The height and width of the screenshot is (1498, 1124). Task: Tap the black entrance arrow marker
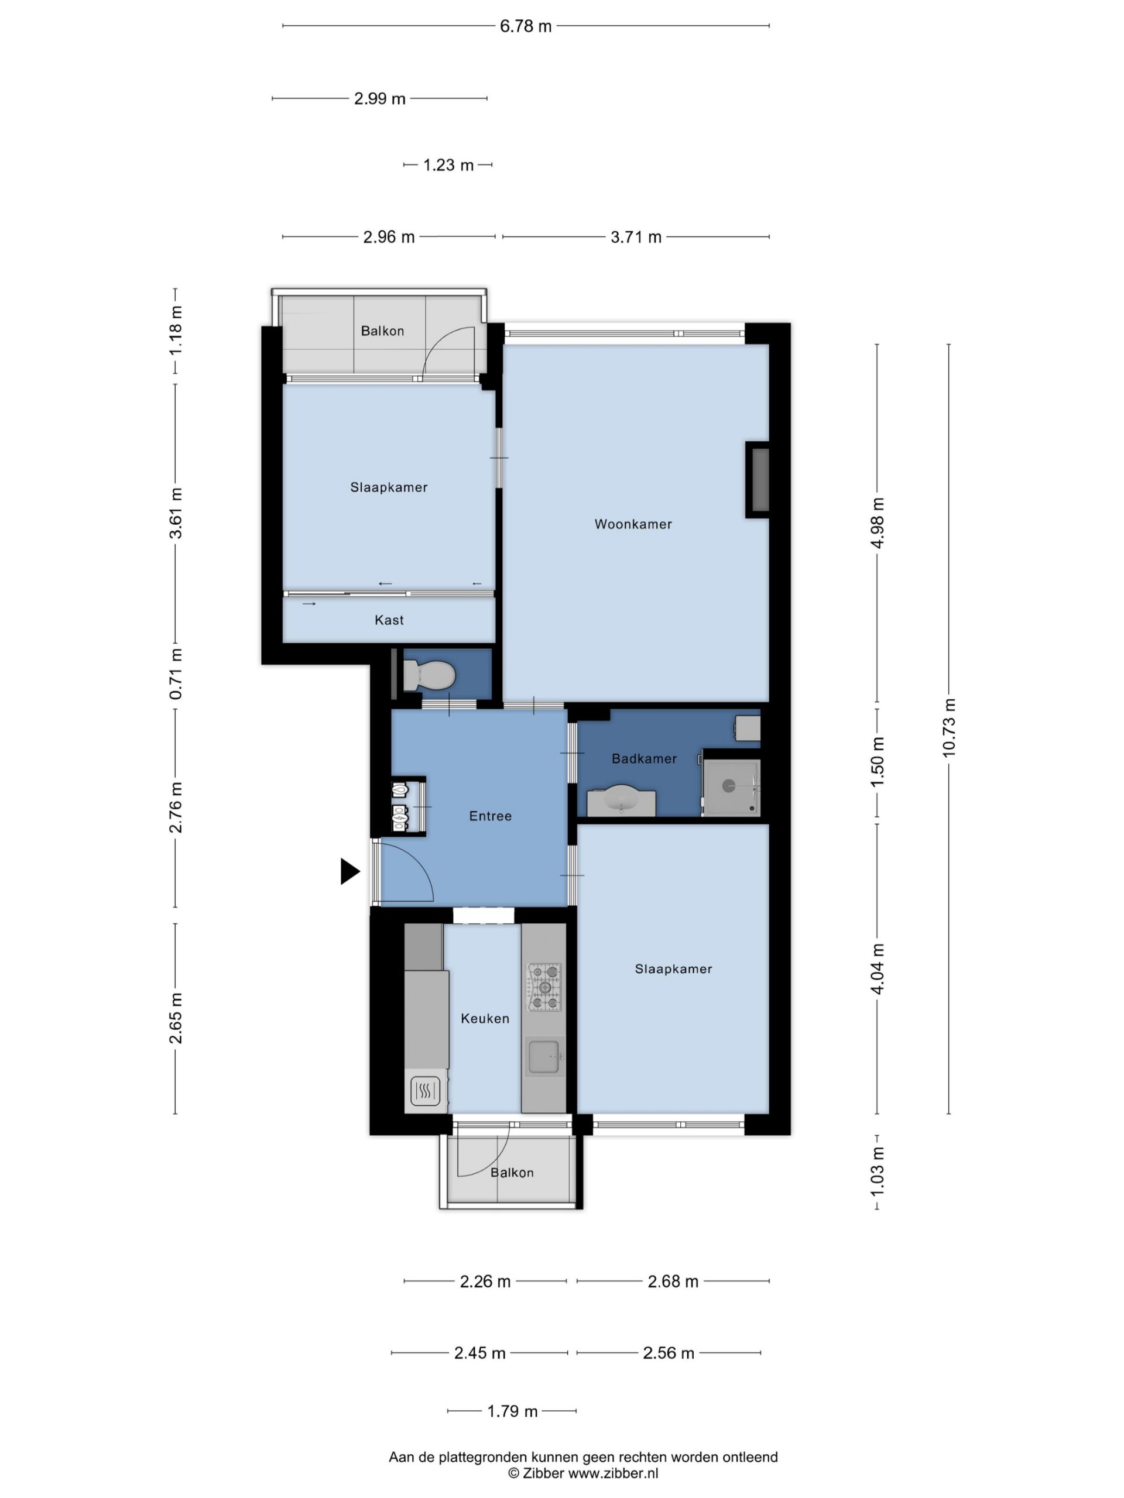coord(349,871)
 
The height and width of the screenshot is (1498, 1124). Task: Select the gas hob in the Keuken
coord(544,987)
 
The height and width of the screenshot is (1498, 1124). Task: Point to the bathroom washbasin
coord(621,800)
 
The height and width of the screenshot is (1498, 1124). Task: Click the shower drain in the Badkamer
coord(728,785)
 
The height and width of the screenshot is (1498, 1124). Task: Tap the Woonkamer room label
coord(633,524)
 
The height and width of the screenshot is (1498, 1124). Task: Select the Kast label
coord(389,620)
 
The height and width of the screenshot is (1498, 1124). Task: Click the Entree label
coord(490,816)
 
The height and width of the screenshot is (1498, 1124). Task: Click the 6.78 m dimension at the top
coord(526,26)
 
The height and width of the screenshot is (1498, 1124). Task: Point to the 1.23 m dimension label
coord(448,165)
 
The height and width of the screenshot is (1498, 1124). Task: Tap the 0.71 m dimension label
coord(176,674)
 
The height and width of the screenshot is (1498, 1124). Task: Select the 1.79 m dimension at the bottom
coord(512,1411)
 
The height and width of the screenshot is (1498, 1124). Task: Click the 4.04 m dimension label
coord(878,968)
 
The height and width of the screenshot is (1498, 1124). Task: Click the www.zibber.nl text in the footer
coord(612,1473)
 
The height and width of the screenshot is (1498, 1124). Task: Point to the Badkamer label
coord(643,758)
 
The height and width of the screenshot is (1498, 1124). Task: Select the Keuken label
coord(484,1019)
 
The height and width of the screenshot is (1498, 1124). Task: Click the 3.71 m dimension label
coord(636,237)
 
